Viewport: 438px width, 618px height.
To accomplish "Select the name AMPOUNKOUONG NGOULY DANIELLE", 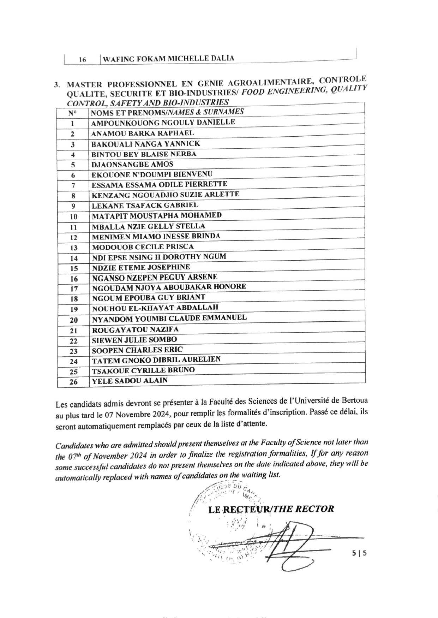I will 163,123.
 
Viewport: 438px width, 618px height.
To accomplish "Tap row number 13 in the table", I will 73,248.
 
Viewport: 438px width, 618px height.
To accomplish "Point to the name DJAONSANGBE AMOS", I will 132,164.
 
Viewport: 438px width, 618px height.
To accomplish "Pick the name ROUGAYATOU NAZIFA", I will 135,330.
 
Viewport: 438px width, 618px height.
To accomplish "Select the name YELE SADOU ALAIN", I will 130,381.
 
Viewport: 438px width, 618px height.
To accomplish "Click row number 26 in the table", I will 73,382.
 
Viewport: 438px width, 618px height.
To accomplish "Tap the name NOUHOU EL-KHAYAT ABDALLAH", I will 155,308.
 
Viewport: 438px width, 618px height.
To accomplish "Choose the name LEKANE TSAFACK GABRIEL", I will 145,205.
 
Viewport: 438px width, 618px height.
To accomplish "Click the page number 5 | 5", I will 359,553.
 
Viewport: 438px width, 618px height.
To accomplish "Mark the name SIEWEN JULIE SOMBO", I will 134,340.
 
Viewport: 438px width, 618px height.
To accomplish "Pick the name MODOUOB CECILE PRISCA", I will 143,247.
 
